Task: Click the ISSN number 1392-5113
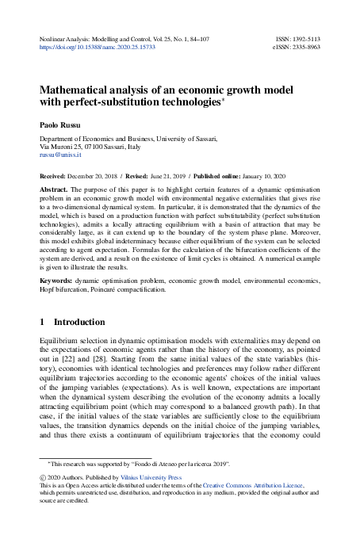click(x=304, y=38)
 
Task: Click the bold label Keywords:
click(x=59, y=281)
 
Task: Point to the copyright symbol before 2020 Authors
click(x=43, y=478)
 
